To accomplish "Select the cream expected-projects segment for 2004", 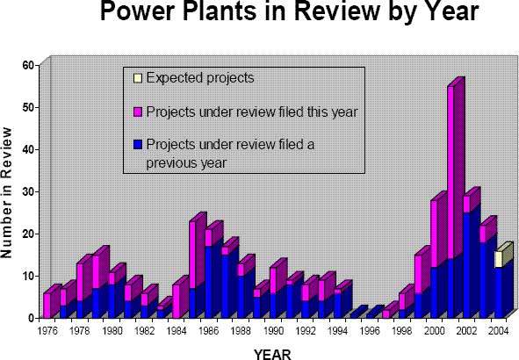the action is click(499, 259).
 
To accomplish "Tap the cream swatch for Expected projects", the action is click(137, 78).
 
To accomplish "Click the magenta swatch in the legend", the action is click(137, 112).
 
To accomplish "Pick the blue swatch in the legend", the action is click(137, 144).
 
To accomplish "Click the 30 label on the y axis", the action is click(28, 192).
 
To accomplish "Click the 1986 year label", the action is click(208, 330).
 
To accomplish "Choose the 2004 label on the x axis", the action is click(498, 330).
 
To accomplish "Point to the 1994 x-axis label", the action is click(337, 330).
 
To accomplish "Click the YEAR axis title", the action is click(272, 355).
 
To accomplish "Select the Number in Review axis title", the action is click(6, 192).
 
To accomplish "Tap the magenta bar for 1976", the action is click(47, 306).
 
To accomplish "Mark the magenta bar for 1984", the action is click(177, 301).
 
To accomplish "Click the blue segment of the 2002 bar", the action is click(466, 265).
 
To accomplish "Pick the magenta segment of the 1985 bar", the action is click(192, 256).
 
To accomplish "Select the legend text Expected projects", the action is click(200, 78).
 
